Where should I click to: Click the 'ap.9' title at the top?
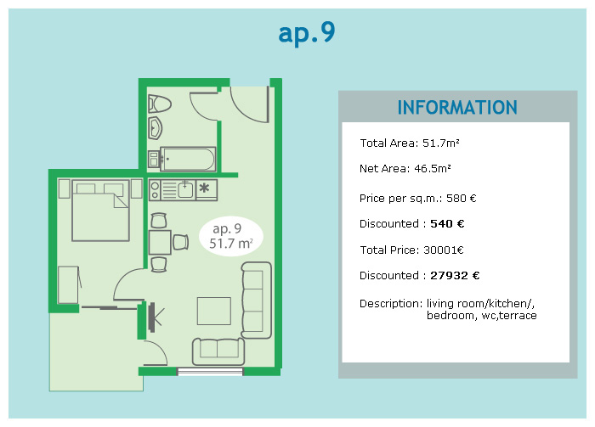307,33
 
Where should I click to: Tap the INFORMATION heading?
457,108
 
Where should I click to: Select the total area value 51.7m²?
440,143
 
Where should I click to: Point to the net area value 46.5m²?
432,169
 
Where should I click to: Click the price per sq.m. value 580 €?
461,198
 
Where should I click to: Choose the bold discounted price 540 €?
447,223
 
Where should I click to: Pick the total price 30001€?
443,250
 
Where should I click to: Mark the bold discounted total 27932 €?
455,275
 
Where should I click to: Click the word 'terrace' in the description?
518,316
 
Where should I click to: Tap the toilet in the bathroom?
159,104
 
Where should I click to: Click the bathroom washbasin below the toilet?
155,128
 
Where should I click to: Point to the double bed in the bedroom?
100,211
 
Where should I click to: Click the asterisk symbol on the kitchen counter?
204,188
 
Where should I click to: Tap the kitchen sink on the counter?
184,189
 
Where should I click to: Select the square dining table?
160,242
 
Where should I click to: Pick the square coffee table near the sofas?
213,311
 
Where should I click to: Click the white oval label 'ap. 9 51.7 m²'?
230,237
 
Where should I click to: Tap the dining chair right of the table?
180,242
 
